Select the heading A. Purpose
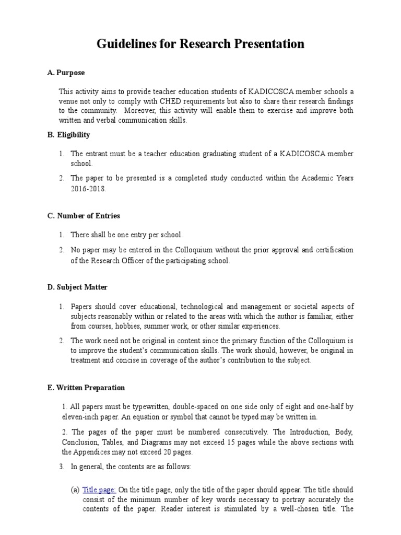pos(66,73)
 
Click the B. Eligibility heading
pos(68,135)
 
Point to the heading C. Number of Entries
pos(84,216)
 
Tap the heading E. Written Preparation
pos(86,388)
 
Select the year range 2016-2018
pos(88,189)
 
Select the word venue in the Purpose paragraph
pos(69,101)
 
